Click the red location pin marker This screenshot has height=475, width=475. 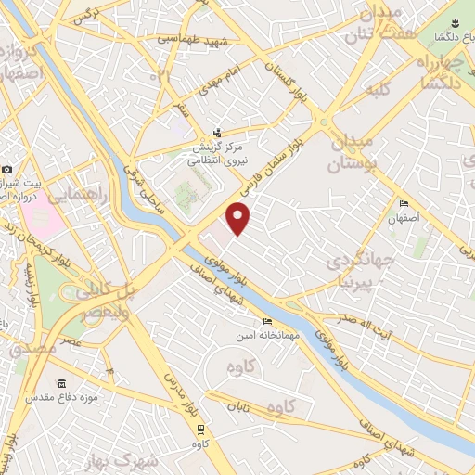(239, 219)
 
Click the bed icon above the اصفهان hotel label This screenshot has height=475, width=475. (403, 204)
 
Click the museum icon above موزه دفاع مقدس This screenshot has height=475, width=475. (62, 384)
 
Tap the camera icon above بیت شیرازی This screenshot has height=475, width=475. (7, 169)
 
